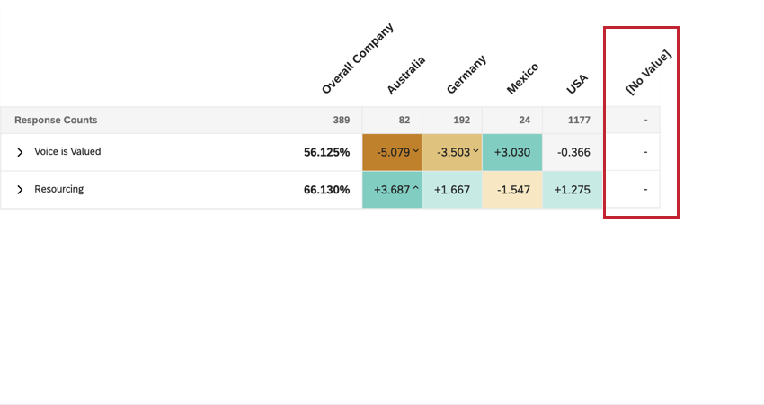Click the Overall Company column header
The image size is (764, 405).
[x=357, y=60]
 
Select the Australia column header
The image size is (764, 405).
[x=405, y=75]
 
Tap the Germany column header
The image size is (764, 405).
[x=466, y=74]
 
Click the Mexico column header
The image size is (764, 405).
[x=522, y=78]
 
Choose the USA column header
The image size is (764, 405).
[x=576, y=85]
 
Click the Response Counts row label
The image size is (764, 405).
[x=56, y=120]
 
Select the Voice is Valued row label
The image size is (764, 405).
[x=67, y=152]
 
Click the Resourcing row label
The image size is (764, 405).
[x=58, y=190]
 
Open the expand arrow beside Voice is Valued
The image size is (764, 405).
[x=20, y=152]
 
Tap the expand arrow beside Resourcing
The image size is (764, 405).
[x=20, y=190]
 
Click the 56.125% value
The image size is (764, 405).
[x=326, y=152]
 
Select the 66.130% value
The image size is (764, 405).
[x=326, y=190]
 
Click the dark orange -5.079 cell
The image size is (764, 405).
[x=392, y=152]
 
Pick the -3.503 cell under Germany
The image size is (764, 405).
[x=452, y=152]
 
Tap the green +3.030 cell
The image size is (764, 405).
[x=512, y=152]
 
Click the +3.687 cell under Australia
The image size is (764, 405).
[x=392, y=190]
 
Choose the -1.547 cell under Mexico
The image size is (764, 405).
[x=512, y=190]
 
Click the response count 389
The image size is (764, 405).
[x=341, y=120]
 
